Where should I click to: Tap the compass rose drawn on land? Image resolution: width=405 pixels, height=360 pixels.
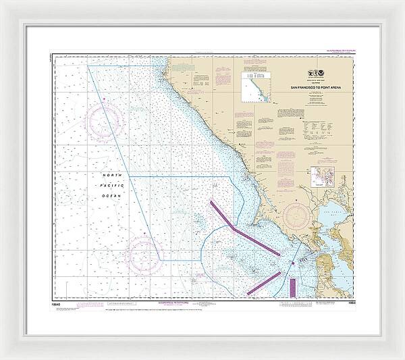click(x=298, y=216)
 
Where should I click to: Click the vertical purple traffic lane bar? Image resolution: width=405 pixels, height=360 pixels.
click(x=292, y=286)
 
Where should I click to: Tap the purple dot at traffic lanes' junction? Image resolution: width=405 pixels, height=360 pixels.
click(x=292, y=263)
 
